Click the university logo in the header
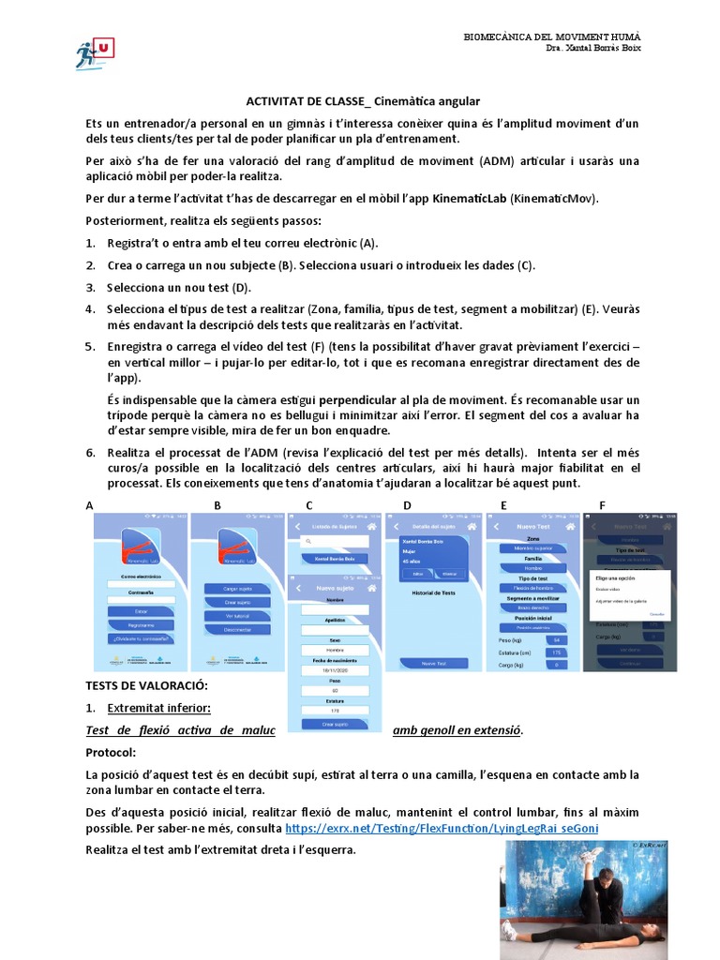click(x=94, y=53)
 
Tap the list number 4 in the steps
click(x=90, y=308)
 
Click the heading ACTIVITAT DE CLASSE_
click(x=302, y=101)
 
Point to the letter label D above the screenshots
click(x=407, y=505)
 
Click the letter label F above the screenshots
click(x=602, y=505)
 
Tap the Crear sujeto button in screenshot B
click(x=237, y=603)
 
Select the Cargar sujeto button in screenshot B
click(x=237, y=589)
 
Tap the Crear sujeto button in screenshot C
click(x=334, y=725)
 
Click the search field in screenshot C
click(x=334, y=542)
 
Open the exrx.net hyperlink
click(x=442, y=829)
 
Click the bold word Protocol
click(x=111, y=753)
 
